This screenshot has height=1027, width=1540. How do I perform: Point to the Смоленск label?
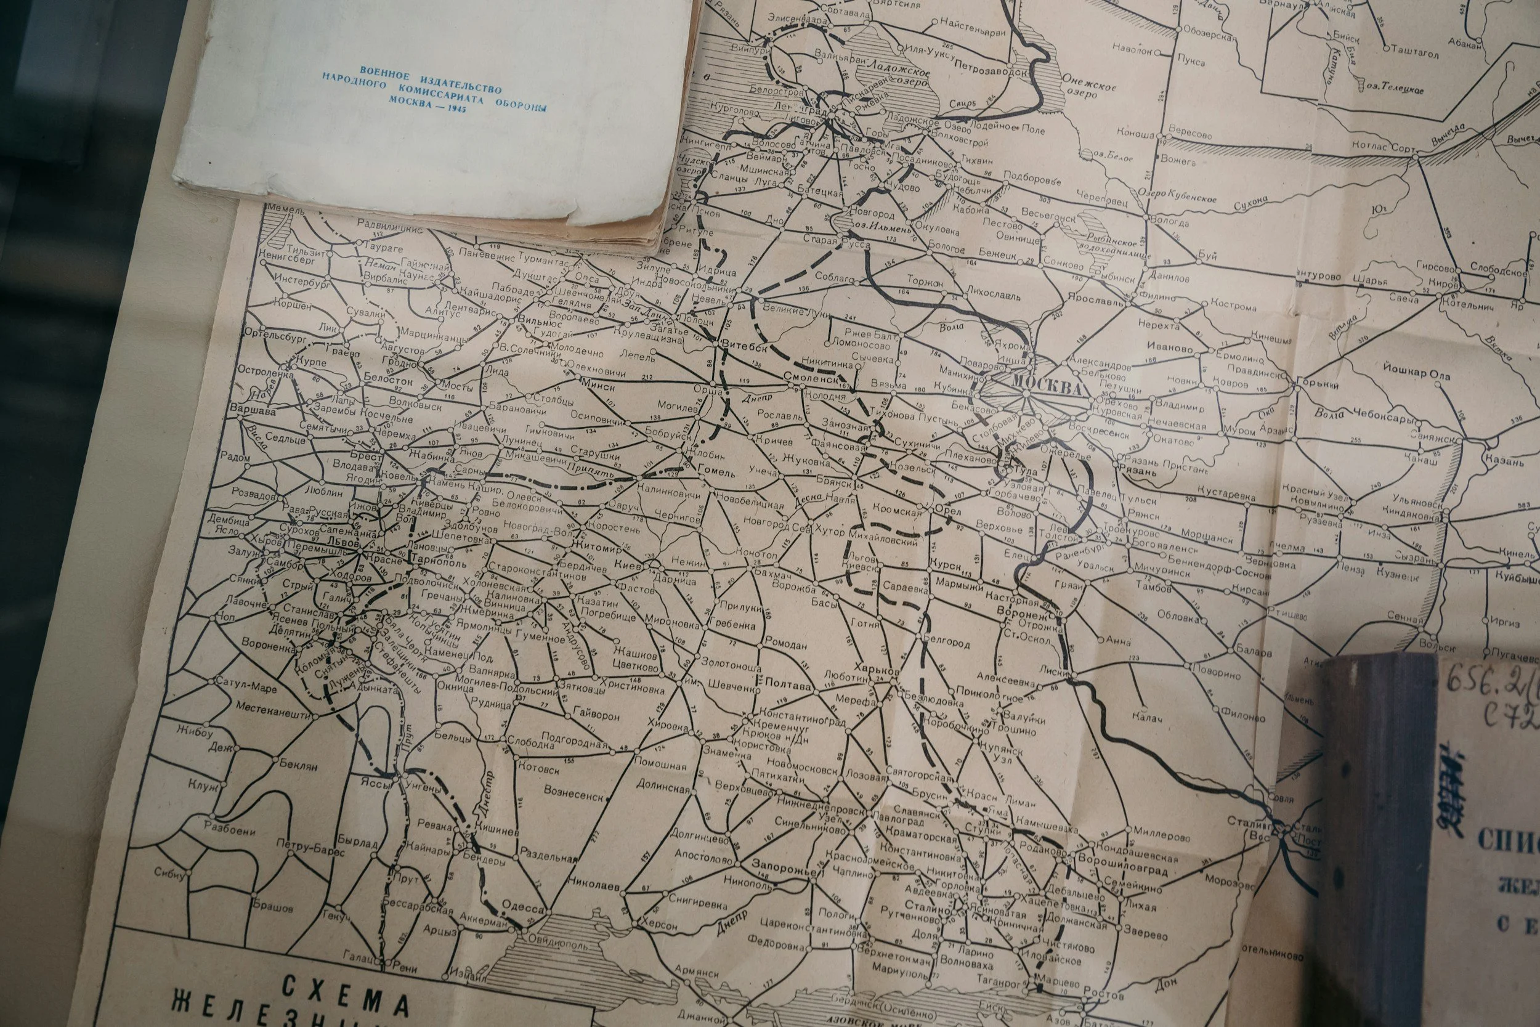(x=811, y=378)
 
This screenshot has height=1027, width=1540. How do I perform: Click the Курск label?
(x=944, y=565)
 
